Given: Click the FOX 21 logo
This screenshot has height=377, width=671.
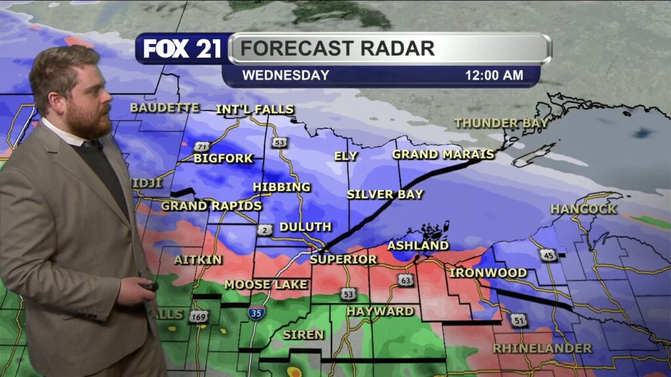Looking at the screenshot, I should (182, 49).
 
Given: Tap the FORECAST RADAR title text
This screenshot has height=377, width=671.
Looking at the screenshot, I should (337, 48).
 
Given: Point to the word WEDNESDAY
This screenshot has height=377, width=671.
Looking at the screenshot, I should (286, 75).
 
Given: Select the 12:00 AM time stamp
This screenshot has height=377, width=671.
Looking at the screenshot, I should (494, 75).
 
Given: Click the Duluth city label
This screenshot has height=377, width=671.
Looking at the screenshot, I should (305, 227).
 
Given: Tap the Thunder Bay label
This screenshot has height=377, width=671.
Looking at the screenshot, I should (501, 123).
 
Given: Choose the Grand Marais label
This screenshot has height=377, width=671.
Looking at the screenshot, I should (443, 154).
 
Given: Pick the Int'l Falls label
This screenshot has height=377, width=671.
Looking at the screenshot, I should (255, 109).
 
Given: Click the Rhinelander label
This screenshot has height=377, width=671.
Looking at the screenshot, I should (542, 348).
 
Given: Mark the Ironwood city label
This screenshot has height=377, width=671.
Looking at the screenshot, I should (488, 272).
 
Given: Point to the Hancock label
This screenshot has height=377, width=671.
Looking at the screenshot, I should (583, 209).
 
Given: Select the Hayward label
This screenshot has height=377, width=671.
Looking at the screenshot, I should (380, 312).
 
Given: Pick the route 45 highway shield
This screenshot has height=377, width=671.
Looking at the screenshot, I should (548, 255).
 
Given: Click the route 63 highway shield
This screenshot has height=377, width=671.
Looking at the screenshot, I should (405, 280).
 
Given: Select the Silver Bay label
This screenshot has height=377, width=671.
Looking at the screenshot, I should (385, 194).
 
